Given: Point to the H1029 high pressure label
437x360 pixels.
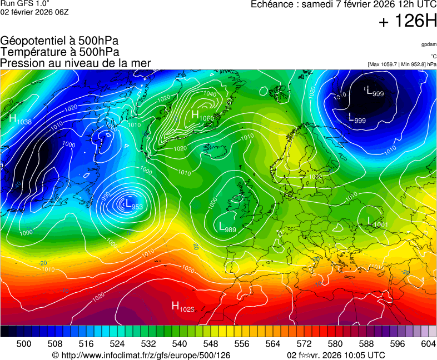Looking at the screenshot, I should tap(183, 306).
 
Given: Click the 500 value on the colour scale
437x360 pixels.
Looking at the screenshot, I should tap(24, 344).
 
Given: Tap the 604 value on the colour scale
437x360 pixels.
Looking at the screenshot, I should tap(428, 344).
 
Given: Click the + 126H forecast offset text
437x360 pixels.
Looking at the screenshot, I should tap(408, 22).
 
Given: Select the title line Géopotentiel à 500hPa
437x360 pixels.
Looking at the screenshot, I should tap(59, 41).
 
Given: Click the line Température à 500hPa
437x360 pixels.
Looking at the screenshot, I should tap(59, 52).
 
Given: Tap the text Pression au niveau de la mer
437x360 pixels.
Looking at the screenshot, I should tap(76, 63).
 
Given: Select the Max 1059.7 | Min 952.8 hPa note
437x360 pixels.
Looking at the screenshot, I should tap(402, 64).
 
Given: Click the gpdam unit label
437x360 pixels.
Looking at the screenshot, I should tap(428, 44).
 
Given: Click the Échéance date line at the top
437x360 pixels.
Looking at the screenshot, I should tap(344, 4).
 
